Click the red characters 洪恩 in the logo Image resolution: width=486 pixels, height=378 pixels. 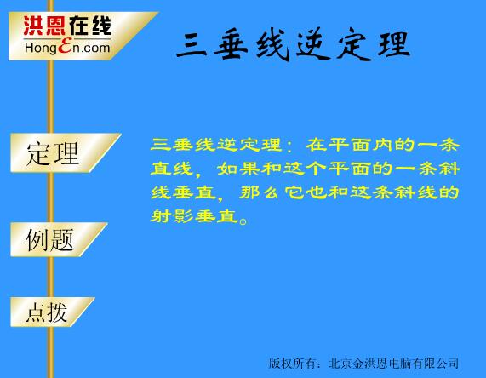click(x=44, y=26)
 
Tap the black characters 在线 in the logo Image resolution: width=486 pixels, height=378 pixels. click(x=90, y=26)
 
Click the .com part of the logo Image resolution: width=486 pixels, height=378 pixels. click(x=95, y=48)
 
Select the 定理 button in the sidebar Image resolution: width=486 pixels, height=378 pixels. click(x=65, y=153)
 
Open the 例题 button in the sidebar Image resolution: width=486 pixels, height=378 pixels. click(x=58, y=239)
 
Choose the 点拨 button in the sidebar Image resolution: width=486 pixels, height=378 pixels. click(x=52, y=312)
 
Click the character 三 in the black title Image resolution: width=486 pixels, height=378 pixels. click(x=192, y=45)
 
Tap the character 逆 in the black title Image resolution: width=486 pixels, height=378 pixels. click(x=313, y=44)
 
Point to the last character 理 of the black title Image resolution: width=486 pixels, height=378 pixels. click(x=394, y=44)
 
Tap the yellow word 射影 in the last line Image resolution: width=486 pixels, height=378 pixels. click(x=172, y=216)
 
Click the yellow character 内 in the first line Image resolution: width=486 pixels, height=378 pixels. click(x=383, y=145)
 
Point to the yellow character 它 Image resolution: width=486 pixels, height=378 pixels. click(x=294, y=192)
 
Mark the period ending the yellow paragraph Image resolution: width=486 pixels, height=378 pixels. click(x=243, y=221)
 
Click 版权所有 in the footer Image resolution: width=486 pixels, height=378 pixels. click(x=291, y=364)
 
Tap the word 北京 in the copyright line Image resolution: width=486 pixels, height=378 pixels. click(x=340, y=364)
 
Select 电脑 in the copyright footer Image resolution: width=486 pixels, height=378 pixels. click(x=400, y=364)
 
